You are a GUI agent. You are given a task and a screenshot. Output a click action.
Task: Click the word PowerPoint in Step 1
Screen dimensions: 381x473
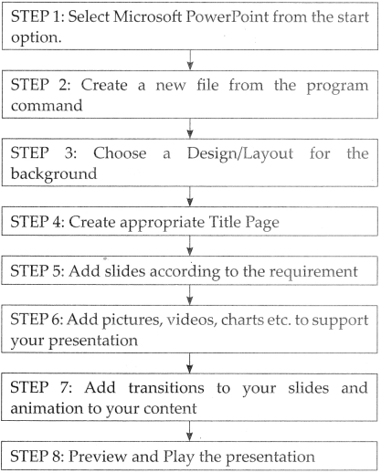point(228,16)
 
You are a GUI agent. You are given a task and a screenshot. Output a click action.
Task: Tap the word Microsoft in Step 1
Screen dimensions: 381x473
point(148,16)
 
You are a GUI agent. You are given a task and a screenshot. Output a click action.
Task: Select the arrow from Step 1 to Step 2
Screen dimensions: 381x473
point(190,60)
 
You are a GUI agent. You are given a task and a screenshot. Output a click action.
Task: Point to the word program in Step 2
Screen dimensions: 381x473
point(337,86)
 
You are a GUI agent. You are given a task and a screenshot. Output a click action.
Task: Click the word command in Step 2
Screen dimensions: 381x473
point(47,106)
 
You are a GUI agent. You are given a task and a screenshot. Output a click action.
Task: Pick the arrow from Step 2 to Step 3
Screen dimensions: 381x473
point(190,129)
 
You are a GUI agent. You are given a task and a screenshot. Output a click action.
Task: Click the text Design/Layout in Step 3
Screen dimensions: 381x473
point(240,153)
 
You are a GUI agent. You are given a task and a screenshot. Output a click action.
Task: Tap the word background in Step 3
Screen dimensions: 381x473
point(54,174)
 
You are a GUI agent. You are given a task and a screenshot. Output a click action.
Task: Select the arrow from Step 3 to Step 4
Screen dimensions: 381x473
point(190,196)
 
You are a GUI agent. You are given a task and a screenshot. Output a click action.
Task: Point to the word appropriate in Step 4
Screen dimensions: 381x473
point(163,223)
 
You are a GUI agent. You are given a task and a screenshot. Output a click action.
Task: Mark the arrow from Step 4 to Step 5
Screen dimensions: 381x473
point(190,246)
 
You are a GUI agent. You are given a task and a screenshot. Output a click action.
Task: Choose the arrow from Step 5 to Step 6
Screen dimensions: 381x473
point(190,295)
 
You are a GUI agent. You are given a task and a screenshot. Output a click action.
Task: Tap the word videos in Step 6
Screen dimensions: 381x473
point(192,320)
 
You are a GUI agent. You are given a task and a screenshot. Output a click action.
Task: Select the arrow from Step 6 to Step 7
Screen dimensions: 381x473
point(190,363)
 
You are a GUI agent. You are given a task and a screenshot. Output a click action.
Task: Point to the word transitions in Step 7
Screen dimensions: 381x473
point(166,388)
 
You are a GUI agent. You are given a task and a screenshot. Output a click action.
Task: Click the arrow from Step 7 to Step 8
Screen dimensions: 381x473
point(190,431)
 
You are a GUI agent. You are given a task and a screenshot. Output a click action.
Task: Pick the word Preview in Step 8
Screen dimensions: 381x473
point(98,457)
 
